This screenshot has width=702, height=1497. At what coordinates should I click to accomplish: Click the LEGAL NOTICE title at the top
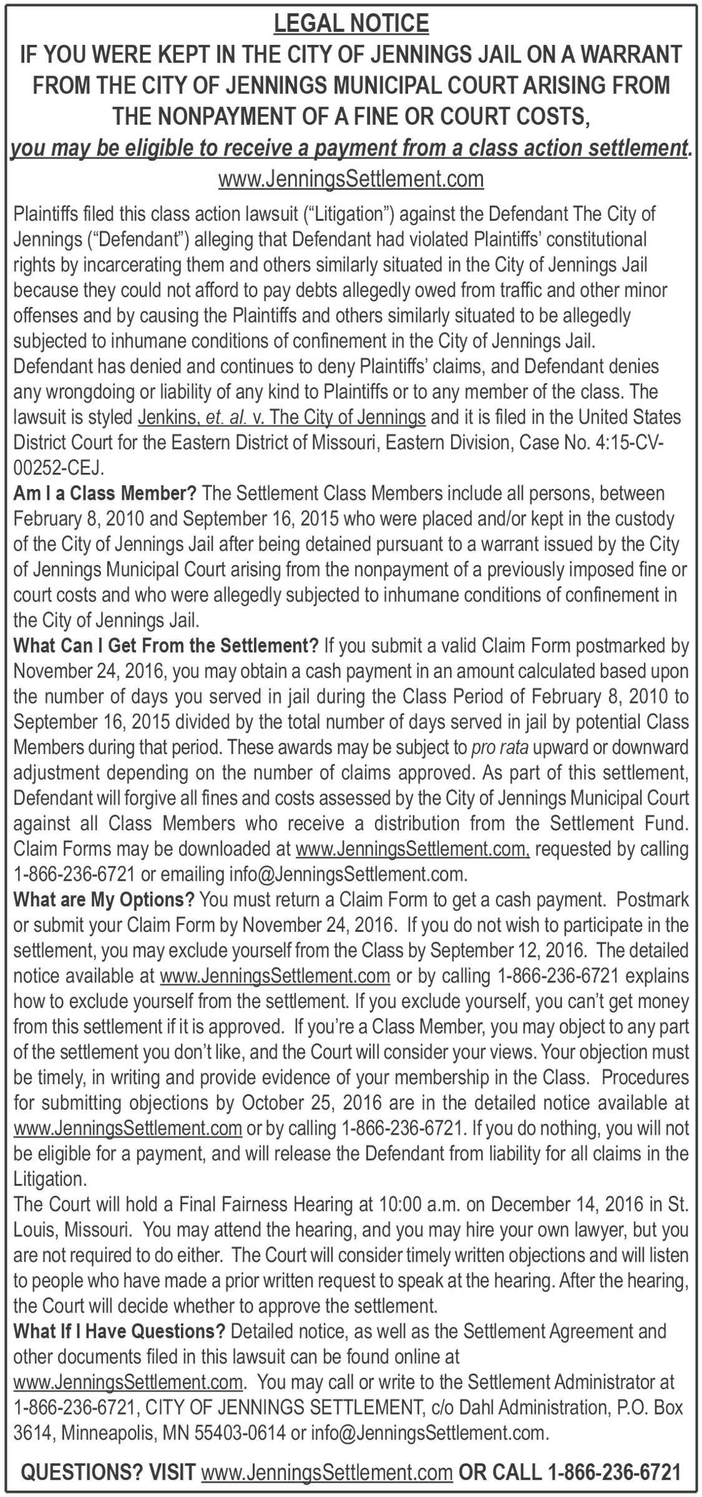tap(351, 24)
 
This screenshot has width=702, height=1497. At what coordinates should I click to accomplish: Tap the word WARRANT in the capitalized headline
tap(630, 55)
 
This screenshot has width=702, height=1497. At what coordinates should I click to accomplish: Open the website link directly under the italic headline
tap(351, 180)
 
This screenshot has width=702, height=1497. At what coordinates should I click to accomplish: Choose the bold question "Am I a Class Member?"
tap(105, 493)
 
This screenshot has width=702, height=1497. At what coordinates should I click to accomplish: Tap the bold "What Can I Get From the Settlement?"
tap(166, 646)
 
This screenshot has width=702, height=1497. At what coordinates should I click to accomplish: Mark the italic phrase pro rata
tap(496, 747)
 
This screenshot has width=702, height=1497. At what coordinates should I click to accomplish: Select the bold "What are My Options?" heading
tap(104, 900)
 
